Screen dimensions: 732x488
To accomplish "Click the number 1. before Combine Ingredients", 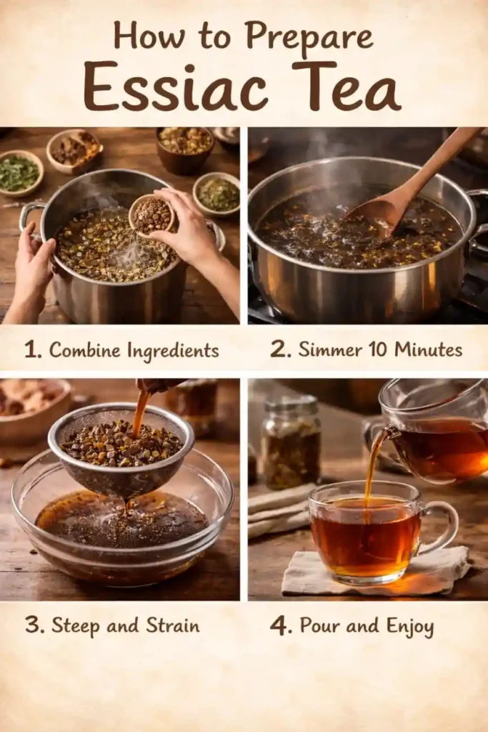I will click(x=32, y=350).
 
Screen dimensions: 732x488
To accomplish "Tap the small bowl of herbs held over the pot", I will click(x=151, y=214).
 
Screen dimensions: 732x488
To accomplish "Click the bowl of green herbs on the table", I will click(x=19, y=172).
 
